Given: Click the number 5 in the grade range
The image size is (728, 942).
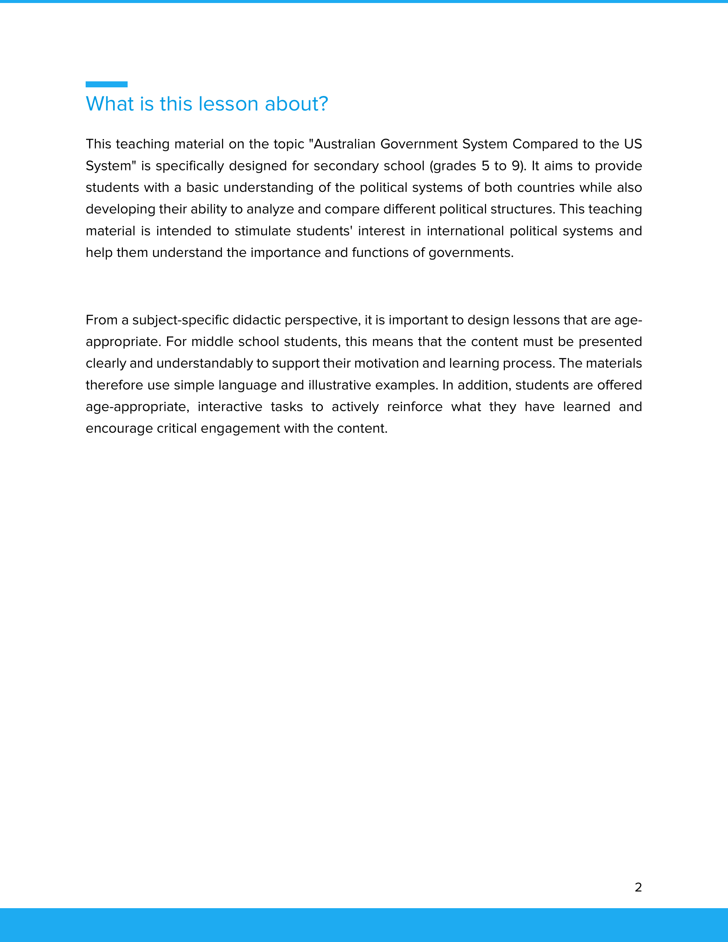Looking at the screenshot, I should tap(485, 166).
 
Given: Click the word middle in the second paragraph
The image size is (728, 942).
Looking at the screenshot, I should tap(212, 342).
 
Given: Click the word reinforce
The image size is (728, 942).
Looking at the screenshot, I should tap(415, 407).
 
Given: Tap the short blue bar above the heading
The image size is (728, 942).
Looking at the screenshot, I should tap(107, 84).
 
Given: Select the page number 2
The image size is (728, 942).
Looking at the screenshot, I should tap(638, 887).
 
